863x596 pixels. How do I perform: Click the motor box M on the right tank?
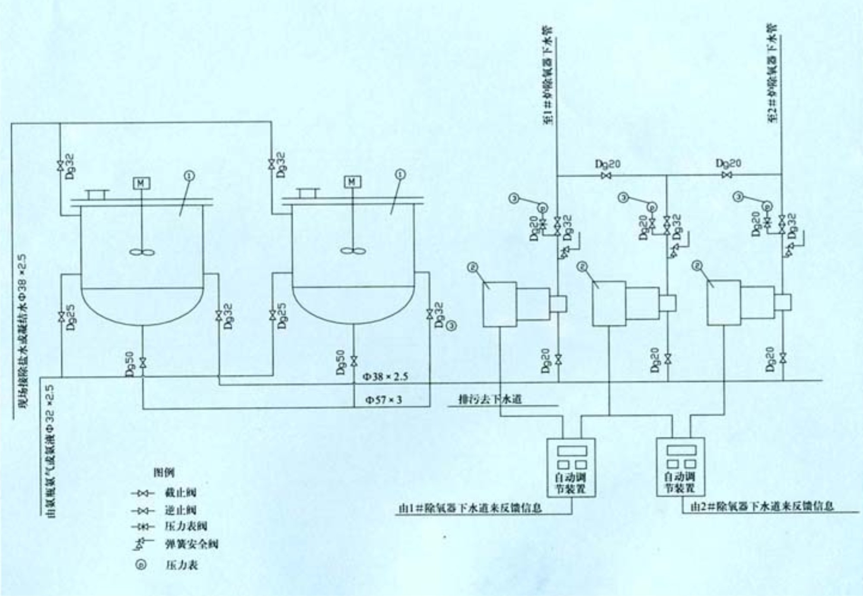352,182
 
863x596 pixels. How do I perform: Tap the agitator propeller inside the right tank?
353,250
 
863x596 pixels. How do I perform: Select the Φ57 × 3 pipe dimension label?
384,400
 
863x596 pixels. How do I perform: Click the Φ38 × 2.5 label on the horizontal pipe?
385,377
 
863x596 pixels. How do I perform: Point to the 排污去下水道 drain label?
490,399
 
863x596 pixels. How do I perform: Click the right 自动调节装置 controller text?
680,482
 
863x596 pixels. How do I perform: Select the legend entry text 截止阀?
180,492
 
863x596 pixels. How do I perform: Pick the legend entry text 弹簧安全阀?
191,544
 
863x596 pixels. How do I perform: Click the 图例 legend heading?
164,473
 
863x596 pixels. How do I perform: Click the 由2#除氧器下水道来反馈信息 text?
762,506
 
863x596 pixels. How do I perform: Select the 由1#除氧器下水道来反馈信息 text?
470,508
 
